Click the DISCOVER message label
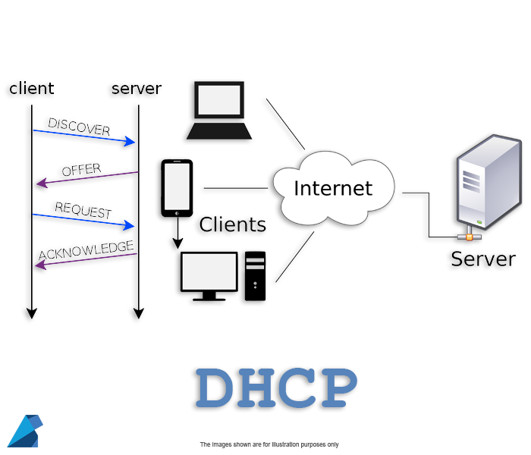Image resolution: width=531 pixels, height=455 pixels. (79, 127)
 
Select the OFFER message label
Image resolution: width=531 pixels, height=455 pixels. (81, 170)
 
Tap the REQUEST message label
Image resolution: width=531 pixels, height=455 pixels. (83, 211)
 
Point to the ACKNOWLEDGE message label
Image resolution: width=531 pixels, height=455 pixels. (86, 250)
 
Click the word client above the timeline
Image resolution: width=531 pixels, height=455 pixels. (32, 89)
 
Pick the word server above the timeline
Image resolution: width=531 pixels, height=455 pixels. (137, 89)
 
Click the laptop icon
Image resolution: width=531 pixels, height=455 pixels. (219, 110)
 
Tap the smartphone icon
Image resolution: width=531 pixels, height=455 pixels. (177, 187)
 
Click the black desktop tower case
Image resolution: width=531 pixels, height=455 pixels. (256, 276)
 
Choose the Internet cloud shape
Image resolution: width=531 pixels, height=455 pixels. (333, 189)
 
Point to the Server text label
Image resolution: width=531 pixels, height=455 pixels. (482, 259)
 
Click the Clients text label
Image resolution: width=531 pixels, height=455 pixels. (232, 225)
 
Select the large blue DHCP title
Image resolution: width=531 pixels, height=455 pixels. (275, 388)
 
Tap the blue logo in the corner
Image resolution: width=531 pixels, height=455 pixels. (24, 431)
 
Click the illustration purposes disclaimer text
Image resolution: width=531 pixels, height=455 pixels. (269, 444)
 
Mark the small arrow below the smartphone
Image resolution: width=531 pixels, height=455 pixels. (178, 235)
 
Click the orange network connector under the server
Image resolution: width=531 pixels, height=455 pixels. (470, 237)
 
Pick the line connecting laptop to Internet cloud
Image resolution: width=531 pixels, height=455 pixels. (285, 124)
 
